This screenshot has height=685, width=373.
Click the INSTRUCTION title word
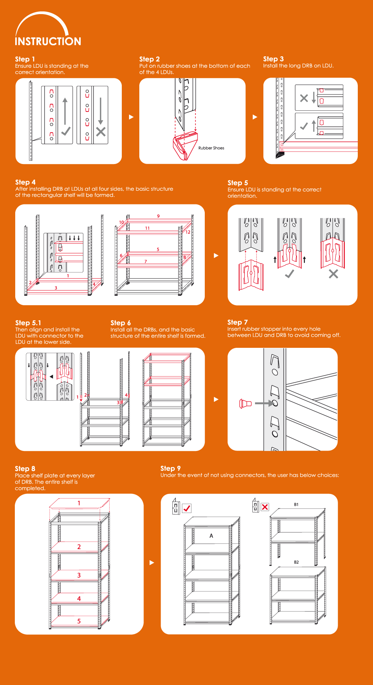pyautogui.click(x=48, y=41)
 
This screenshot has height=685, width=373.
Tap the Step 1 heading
pyautogui.click(x=25, y=59)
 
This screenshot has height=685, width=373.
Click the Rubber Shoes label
pyautogui.click(x=211, y=148)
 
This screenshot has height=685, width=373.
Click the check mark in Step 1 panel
pyautogui.click(x=66, y=131)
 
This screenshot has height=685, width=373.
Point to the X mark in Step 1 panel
pyautogui.click(x=101, y=132)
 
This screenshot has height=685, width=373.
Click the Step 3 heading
pyautogui.click(x=273, y=59)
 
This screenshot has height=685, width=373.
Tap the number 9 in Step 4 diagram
pyautogui.click(x=158, y=216)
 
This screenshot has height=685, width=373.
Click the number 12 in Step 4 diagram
pyautogui.click(x=188, y=232)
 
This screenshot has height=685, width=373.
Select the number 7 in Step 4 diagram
pyautogui.click(x=146, y=261)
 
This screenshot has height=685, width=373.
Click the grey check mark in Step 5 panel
pyautogui.click(x=290, y=274)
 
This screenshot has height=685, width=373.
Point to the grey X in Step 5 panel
pyautogui.click(x=333, y=274)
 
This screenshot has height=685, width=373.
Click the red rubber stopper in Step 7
pyautogui.click(x=245, y=403)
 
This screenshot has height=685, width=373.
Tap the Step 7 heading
pyautogui.click(x=238, y=322)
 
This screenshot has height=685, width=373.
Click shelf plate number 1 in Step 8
pyautogui.click(x=79, y=503)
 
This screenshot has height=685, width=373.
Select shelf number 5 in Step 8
pyautogui.click(x=79, y=621)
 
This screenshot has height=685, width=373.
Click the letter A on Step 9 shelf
pyautogui.click(x=211, y=536)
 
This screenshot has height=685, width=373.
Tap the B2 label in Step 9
pyautogui.click(x=296, y=562)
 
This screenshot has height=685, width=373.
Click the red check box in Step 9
pyautogui.click(x=187, y=508)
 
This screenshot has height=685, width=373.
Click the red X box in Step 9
pyautogui.click(x=265, y=507)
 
